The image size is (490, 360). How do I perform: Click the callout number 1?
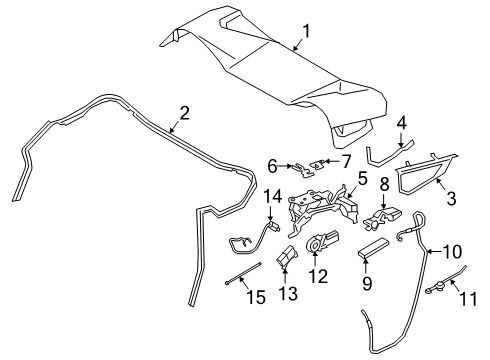click(306, 31)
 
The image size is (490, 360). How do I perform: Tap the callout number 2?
click(184, 113)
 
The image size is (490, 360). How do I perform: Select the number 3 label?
click(451, 198)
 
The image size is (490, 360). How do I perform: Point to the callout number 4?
click(402, 122)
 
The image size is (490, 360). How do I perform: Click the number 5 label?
click(363, 178)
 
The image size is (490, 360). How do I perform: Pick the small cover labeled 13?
click(286, 257)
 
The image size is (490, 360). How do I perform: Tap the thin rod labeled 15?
click(243, 274)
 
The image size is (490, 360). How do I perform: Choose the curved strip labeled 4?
click(389, 154)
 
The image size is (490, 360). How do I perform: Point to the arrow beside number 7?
click(330, 161)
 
